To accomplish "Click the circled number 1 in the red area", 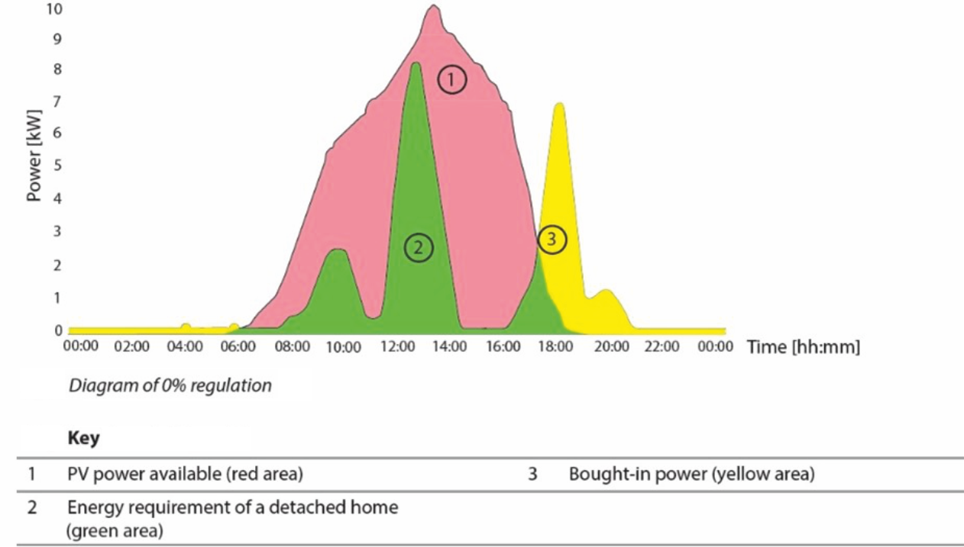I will (x=451, y=79).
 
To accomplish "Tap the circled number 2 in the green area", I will (x=418, y=246).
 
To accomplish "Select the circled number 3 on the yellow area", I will (x=552, y=240).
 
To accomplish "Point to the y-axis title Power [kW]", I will (x=34, y=157).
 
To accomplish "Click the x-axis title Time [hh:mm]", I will (x=803, y=347).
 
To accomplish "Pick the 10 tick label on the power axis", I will (x=53, y=10).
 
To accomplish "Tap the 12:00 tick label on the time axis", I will (x=396, y=347).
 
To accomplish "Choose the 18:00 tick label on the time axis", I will (x=555, y=347).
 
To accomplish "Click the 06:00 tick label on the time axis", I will (x=238, y=347).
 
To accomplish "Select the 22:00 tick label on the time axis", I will (x=661, y=347).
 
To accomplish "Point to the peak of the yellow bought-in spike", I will (x=560, y=104).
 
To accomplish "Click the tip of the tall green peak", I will (x=415, y=64).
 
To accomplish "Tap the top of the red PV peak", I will (x=433, y=7).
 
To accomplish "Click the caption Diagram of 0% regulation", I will (x=170, y=385).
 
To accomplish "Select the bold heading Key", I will (x=83, y=439).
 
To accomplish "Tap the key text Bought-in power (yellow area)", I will (x=691, y=475).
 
